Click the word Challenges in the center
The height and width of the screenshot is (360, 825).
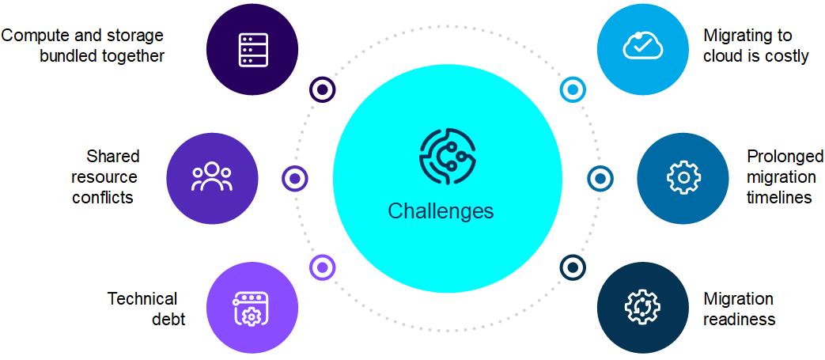click(441, 211)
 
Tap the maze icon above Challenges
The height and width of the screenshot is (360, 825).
click(447, 157)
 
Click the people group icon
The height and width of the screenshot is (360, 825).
click(212, 177)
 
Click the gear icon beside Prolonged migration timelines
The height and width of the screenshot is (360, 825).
click(683, 178)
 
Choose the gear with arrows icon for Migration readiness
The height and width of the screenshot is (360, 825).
click(642, 308)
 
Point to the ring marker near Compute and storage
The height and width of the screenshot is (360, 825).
click(322, 89)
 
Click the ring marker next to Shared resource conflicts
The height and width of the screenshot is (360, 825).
click(295, 179)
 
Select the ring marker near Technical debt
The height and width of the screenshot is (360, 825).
click(321, 267)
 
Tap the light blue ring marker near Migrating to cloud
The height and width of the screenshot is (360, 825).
click(572, 89)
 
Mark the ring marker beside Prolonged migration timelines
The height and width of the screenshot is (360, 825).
click(600, 178)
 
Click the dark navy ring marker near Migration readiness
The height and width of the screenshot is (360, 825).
click(572, 267)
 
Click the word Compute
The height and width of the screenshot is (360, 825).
click(32, 36)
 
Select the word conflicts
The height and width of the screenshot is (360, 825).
click(103, 197)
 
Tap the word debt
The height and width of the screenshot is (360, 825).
click(168, 320)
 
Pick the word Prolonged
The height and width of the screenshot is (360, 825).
click(785, 156)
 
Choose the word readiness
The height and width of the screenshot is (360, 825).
click(739, 320)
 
